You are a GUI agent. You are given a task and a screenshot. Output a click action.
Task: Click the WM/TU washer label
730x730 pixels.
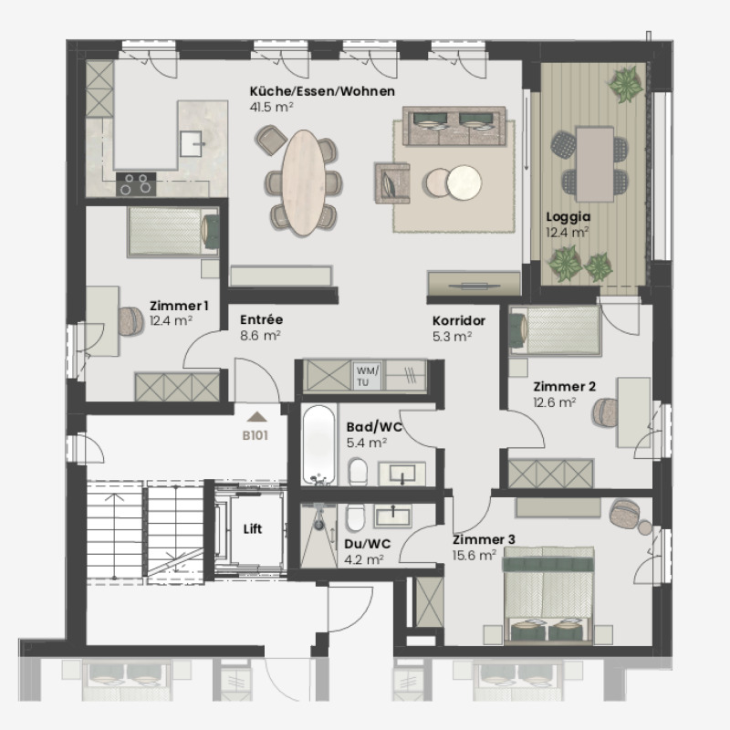[x=366, y=375]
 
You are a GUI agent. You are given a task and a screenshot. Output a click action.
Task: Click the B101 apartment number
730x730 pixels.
[x=255, y=435]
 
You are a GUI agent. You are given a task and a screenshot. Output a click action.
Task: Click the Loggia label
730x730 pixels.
[x=568, y=217]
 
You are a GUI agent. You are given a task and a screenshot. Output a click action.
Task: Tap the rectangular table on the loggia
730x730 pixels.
[x=595, y=163]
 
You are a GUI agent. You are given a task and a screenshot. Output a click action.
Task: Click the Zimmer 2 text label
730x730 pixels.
[x=564, y=387]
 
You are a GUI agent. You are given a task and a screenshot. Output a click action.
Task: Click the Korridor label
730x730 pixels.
[x=458, y=321]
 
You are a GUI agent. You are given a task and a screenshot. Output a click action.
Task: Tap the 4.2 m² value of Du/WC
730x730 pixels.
[x=360, y=560]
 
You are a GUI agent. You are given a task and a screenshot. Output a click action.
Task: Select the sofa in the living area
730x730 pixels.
[x=456, y=127]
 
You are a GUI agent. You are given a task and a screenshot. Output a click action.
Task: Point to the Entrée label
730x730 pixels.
[x=261, y=320]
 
